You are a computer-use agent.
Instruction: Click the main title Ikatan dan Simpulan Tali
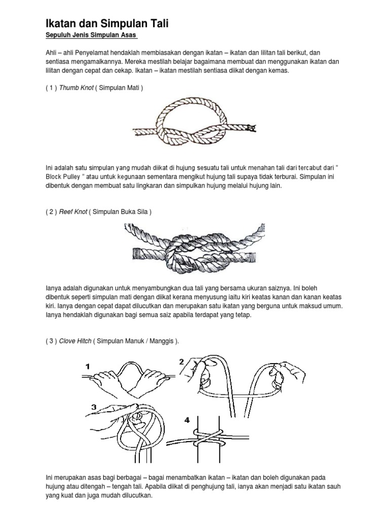[x=107, y=23]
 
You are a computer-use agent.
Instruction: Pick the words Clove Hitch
[x=75, y=341]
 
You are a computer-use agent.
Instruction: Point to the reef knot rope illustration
[x=194, y=248]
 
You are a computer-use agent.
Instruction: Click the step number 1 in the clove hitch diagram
[x=88, y=366]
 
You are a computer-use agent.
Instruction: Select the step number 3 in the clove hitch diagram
[x=95, y=407]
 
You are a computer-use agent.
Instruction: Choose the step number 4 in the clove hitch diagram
[x=187, y=419]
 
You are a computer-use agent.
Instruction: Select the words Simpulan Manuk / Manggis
[x=136, y=341]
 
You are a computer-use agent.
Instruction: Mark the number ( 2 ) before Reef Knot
[x=50, y=212]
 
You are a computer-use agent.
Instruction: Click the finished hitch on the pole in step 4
[x=209, y=436]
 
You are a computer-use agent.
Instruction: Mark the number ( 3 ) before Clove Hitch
[x=50, y=341]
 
